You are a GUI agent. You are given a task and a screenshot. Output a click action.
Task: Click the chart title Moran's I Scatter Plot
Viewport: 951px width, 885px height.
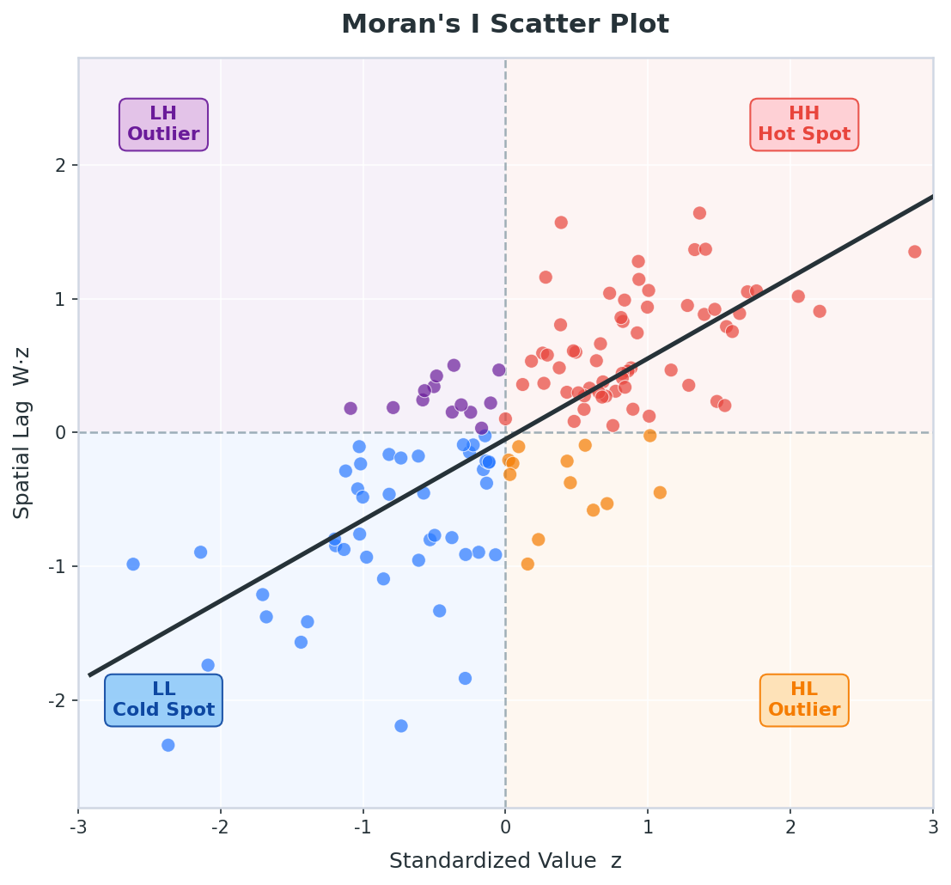[x=504, y=24]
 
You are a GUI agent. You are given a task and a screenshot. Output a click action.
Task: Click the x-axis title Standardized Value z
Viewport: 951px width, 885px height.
[x=504, y=861]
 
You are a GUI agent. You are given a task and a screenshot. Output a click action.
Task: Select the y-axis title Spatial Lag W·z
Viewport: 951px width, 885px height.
[x=22, y=432]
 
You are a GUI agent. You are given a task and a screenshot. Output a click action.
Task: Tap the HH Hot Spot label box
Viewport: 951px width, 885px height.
[x=803, y=125]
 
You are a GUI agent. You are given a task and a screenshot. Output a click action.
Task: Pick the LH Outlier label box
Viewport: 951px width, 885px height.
[x=163, y=125]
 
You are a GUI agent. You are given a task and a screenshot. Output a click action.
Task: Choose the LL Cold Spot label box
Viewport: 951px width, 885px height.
[x=163, y=700]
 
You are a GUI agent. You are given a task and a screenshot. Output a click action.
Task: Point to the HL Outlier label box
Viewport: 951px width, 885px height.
[x=803, y=700]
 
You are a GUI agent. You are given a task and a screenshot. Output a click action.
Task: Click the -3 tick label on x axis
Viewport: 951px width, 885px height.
[x=78, y=827]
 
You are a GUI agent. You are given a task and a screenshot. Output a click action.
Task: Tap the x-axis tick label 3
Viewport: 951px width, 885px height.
[x=933, y=827]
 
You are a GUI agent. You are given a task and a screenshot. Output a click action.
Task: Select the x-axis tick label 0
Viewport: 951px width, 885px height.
[x=505, y=827]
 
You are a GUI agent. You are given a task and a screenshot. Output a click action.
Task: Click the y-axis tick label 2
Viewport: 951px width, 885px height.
[x=60, y=165]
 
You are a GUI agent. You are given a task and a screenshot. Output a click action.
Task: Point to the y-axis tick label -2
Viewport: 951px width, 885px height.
[x=58, y=700]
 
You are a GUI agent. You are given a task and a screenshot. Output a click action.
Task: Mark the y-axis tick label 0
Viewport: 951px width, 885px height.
[x=60, y=432]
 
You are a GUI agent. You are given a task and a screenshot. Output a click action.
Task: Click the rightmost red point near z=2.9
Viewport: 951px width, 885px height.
[x=914, y=252]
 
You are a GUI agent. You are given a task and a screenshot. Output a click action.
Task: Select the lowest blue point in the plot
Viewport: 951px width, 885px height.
[x=168, y=745]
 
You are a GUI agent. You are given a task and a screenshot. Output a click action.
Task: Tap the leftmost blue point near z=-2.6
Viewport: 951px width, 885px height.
[x=133, y=565]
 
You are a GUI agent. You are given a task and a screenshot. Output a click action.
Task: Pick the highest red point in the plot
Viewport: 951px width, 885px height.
[x=699, y=213]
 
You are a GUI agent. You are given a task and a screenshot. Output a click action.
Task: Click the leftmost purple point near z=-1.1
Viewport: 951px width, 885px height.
[x=351, y=408]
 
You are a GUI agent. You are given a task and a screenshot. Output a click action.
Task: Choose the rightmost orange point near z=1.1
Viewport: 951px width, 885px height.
[x=660, y=492]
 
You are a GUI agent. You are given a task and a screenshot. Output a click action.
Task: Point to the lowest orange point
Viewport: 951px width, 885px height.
[x=527, y=565]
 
